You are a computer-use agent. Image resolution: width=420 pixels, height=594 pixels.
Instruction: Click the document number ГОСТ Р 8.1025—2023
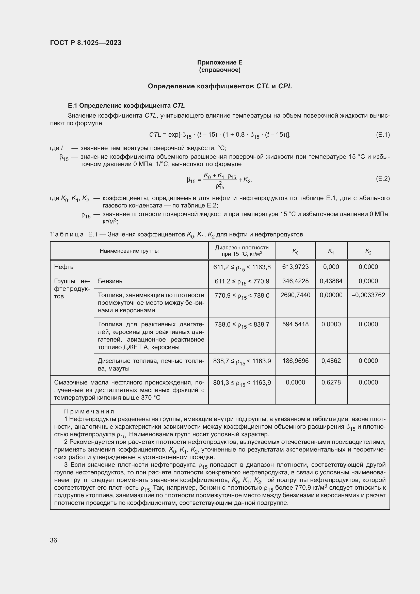pos(86,43)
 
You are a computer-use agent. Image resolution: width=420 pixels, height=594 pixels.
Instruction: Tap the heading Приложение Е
pos(220,62)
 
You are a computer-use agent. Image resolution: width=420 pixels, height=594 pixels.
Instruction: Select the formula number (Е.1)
pos(382,135)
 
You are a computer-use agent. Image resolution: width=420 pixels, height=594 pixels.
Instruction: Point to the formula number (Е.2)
pos(382,179)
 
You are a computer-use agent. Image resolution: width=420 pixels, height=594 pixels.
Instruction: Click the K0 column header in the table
pos(295,251)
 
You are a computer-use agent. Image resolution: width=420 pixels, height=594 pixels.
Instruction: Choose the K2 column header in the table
pos(368,251)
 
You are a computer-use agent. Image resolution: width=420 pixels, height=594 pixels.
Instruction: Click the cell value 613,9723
pos(295,267)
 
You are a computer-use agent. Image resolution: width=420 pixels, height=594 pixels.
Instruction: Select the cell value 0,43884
pos(331,281)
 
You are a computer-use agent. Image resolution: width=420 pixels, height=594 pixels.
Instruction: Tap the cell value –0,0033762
pos(368,295)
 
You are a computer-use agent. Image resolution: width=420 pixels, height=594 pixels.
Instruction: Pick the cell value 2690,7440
pos(295,295)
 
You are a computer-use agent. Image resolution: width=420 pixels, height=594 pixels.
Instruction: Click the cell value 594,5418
pos(295,324)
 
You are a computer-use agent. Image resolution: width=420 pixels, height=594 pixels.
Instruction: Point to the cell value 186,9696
pos(295,361)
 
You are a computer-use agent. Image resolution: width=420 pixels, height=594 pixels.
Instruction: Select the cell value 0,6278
pos(331,382)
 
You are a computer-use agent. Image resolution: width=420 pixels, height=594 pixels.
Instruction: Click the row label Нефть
pos(64,267)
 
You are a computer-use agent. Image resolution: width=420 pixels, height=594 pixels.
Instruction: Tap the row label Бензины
pos(111,281)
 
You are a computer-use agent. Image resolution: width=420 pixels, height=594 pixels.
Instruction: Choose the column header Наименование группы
pos(129,251)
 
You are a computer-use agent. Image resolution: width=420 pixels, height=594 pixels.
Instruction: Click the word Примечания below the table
pos(89,412)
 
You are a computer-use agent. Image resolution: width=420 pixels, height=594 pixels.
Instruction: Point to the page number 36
pos(54,540)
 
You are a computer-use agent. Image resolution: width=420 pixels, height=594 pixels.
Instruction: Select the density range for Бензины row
pos(242,281)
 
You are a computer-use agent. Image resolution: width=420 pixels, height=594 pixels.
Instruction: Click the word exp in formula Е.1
pos(173,135)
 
